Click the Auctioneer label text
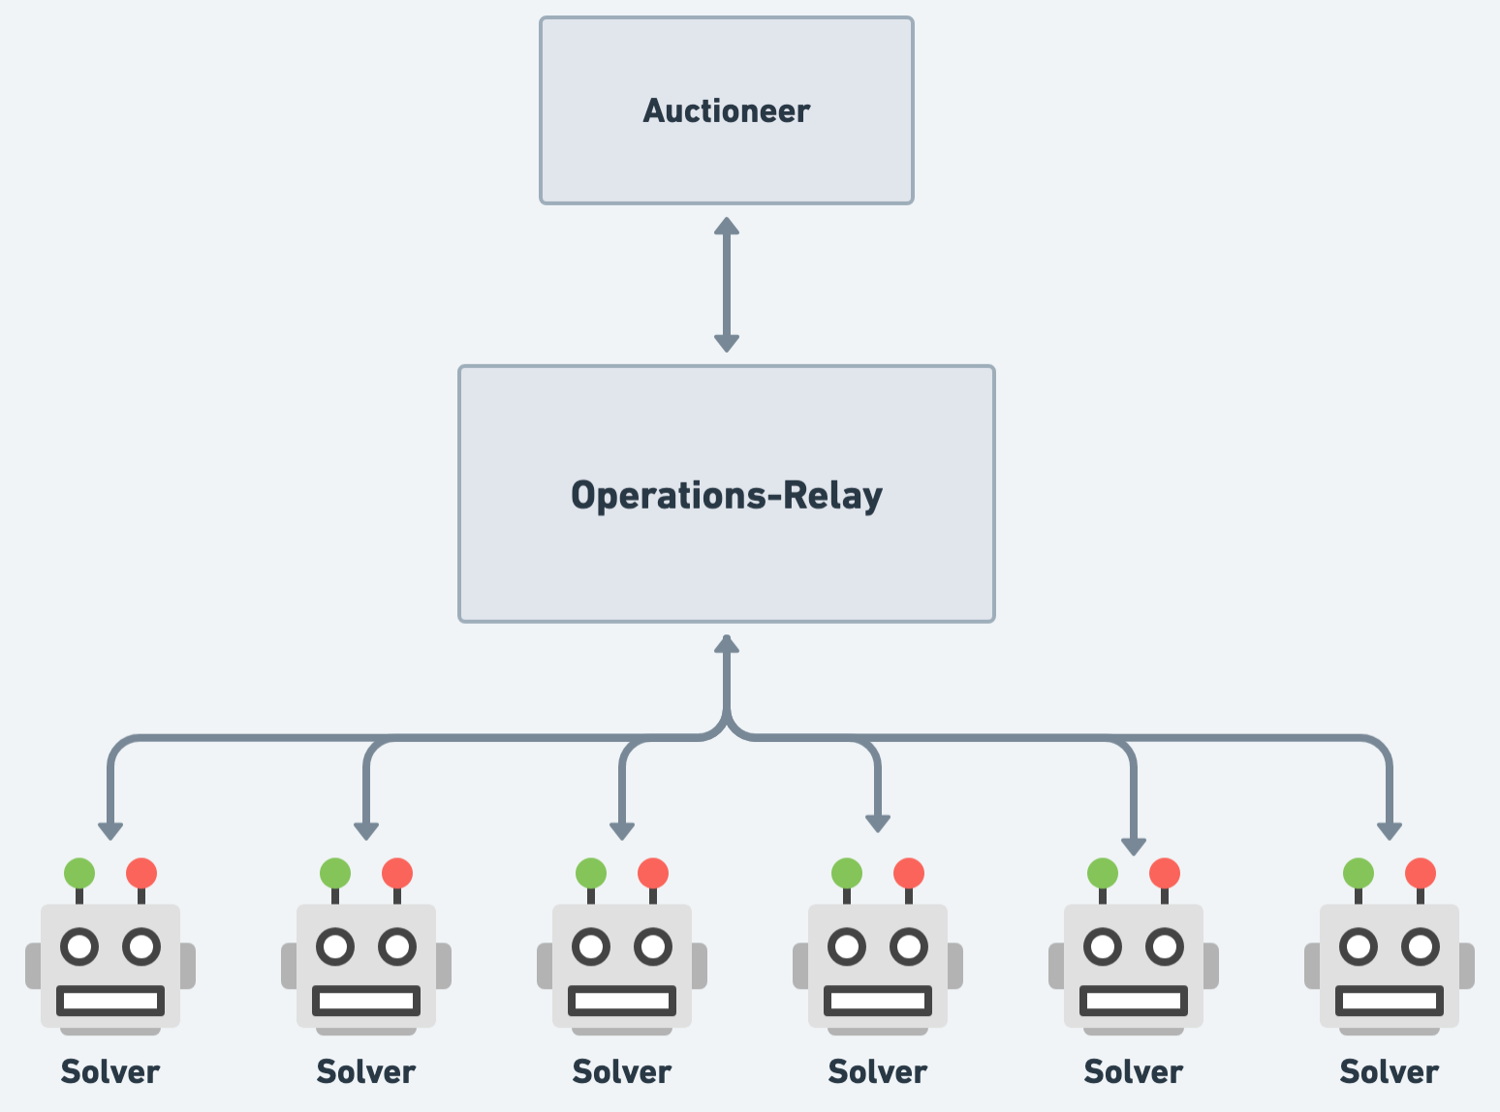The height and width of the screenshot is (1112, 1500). [x=726, y=111]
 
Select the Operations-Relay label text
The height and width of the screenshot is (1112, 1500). [x=726, y=495]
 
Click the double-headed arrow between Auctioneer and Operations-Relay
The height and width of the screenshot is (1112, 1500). [x=727, y=285]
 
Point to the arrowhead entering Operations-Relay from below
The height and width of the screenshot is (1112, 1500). [x=727, y=644]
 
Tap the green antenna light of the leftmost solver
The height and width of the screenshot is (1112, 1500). [x=79, y=873]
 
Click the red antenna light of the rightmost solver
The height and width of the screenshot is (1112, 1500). [x=1420, y=873]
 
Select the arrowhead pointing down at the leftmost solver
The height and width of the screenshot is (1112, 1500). [x=110, y=830]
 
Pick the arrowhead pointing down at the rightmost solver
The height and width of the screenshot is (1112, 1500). [x=1390, y=830]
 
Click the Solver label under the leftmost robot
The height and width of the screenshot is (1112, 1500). [x=110, y=1071]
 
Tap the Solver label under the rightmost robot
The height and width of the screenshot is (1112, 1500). [x=1389, y=1071]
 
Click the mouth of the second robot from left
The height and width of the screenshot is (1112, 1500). [x=366, y=1000]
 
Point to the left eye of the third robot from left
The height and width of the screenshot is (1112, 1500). [x=591, y=946]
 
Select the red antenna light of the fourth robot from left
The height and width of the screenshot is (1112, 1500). [x=908, y=873]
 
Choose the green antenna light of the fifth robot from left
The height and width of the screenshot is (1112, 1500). [x=1103, y=873]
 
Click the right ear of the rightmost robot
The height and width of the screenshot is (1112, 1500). [x=1466, y=966]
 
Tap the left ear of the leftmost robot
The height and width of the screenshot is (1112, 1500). [x=33, y=966]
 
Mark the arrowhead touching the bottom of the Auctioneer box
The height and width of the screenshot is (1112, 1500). [x=727, y=226]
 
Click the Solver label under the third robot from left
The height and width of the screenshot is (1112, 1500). [x=622, y=1071]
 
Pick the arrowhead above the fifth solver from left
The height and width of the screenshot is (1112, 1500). [x=1133, y=847]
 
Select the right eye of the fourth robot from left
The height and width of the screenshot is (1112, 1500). [x=909, y=946]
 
